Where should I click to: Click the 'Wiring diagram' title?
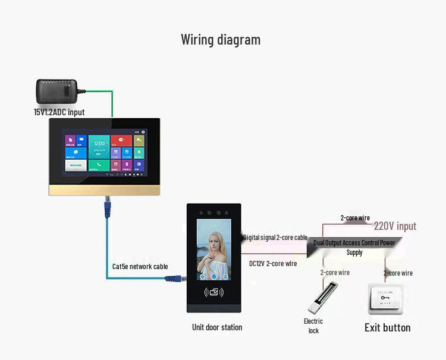[x=221, y=40]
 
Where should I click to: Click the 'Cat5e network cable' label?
[x=140, y=267]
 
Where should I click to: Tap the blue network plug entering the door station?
[x=174, y=276]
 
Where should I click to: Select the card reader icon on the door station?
[x=213, y=292]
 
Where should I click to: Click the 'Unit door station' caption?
[x=217, y=327]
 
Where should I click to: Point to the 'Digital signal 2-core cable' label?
[x=275, y=238]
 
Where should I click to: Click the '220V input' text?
[x=395, y=226]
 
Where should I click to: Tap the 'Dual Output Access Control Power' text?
[x=354, y=243]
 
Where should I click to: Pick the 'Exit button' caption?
[x=387, y=328]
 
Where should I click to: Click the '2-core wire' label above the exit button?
[x=398, y=273]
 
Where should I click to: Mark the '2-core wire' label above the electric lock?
[x=335, y=273]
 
